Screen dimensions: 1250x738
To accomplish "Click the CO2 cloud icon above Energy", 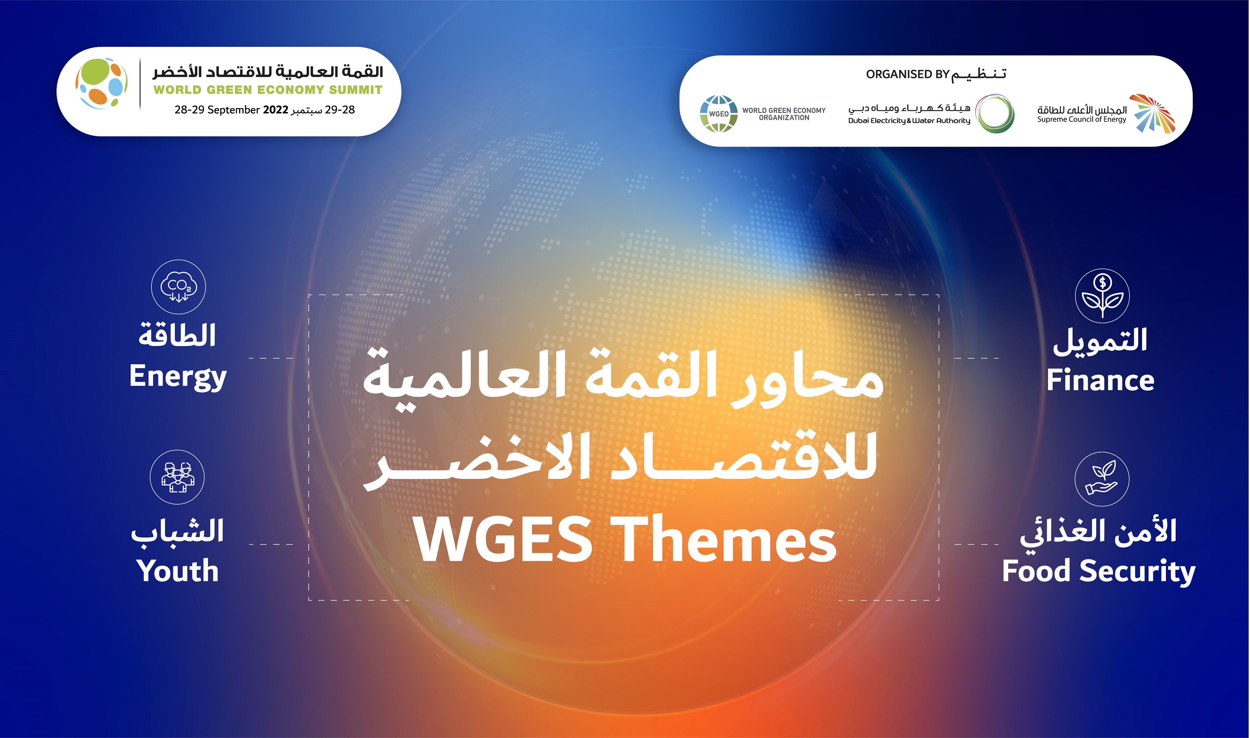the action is point(178,287).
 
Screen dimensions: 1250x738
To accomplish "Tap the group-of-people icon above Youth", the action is point(177,478).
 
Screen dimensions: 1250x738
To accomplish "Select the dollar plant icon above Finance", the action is point(1102,296).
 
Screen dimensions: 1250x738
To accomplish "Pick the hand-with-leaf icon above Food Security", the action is point(1102,479).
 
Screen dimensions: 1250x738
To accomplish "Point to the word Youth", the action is point(177,570).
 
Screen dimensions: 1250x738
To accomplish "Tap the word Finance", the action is point(1100,380).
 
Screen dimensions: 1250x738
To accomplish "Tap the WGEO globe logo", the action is point(719,114).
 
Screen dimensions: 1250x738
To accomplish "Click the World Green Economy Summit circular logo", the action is point(101,83).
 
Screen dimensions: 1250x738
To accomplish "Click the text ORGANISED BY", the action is point(908,74).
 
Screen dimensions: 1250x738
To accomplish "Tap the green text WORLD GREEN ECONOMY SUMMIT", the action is point(268,90).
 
